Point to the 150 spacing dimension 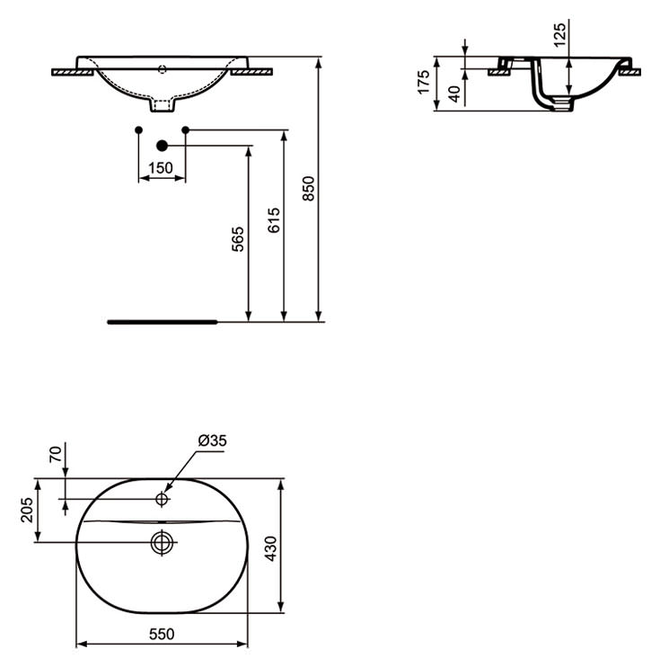161,168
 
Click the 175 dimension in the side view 423,83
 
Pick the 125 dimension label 559,36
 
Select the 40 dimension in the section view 454,93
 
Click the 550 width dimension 161,634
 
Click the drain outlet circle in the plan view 163,542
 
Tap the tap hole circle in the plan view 163,498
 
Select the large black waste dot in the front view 163,145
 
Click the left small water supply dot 138,131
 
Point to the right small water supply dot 186,131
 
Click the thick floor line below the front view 162,319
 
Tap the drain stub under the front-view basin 163,107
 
